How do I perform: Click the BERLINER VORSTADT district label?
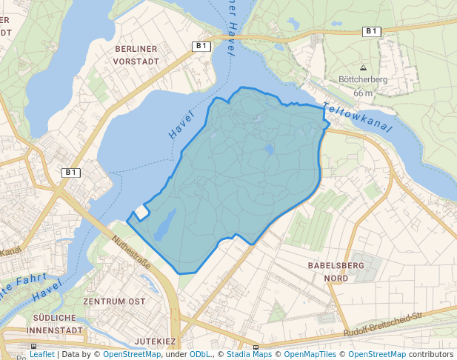(x=137, y=54)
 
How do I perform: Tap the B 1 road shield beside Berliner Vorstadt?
(x=201, y=46)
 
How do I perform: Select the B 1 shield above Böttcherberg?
(x=371, y=31)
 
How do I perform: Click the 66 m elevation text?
(x=363, y=93)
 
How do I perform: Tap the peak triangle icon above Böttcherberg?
(x=363, y=67)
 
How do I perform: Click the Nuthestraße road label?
(x=131, y=253)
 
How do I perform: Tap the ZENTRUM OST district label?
(x=114, y=302)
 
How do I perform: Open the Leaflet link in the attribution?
(x=42, y=354)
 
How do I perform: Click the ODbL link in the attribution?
(x=200, y=354)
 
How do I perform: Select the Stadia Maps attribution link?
(x=249, y=354)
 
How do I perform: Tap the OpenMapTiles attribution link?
(x=309, y=354)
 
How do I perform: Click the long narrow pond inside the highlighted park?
(x=164, y=224)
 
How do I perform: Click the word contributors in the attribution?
(x=430, y=354)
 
